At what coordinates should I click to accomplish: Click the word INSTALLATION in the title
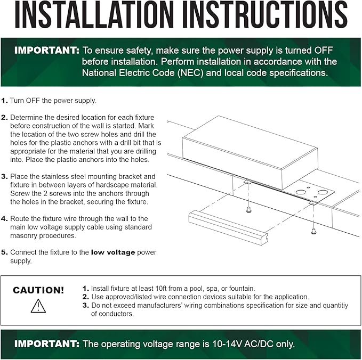[94, 14]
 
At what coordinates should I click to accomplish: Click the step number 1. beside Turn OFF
[4, 101]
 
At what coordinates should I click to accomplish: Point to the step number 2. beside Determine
[4, 117]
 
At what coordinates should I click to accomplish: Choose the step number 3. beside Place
[4, 176]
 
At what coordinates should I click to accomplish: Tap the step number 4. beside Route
[4, 219]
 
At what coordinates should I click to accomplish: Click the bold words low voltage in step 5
[113, 252]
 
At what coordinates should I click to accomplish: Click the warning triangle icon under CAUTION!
[38, 306]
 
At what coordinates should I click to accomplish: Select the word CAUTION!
[38, 290]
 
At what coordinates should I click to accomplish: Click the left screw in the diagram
[248, 210]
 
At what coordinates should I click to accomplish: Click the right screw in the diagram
[313, 231]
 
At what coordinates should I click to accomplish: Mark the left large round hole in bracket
[300, 192]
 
